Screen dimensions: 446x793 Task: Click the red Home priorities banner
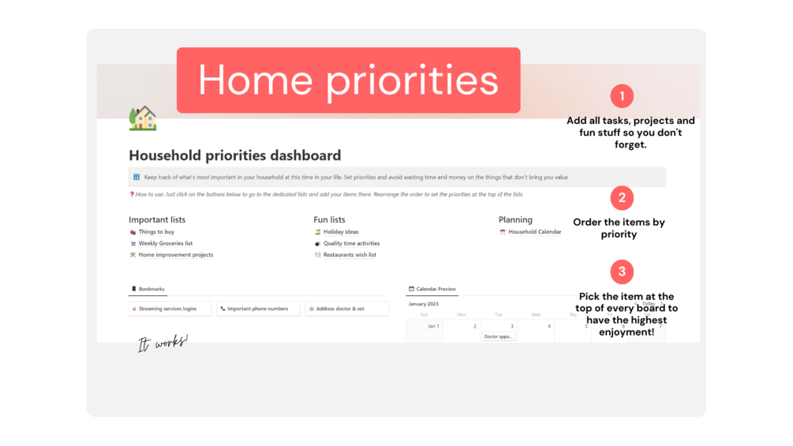pos(348,80)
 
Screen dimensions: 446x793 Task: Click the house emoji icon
pos(143,118)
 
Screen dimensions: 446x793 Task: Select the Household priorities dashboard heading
pos(234,156)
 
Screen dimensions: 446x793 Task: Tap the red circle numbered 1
pos(622,96)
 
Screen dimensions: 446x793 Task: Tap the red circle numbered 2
pos(622,197)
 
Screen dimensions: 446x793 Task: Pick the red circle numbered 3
pos(622,272)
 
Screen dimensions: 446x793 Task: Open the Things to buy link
pos(155,232)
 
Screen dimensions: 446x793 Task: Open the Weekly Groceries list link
pos(165,243)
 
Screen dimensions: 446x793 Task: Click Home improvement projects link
pos(175,255)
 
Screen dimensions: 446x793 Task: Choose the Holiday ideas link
pos(340,232)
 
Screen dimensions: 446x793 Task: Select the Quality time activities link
pos(351,243)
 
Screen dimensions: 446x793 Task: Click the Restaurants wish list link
pos(349,255)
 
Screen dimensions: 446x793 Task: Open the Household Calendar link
pos(534,232)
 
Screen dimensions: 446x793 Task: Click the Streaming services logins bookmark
pos(168,309)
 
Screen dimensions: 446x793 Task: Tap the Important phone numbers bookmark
pos(257,309)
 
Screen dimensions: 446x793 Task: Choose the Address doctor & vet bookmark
pos(347,309)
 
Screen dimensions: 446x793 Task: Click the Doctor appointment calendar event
pos(499,336)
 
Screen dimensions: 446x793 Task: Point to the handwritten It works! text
pos(163,343)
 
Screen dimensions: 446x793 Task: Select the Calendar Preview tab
pos(436,289)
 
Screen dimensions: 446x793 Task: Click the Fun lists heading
pos(329,219)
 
